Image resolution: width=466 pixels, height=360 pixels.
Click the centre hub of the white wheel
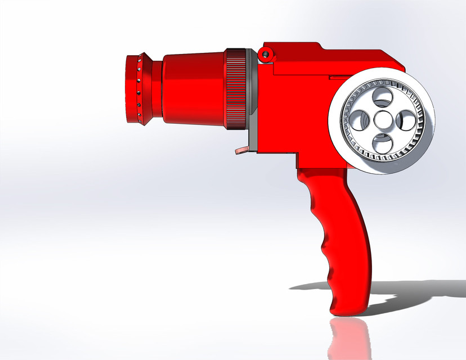tap(383, 120)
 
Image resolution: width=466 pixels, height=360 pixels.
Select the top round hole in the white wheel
tap(383, 99)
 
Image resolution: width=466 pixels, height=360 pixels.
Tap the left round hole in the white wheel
tap(360, 120)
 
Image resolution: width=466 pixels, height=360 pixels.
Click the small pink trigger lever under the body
tap(240, 150)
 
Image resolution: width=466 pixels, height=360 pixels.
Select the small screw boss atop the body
tap(264, 54)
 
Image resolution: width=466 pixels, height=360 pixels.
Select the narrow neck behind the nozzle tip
tap(156, 89)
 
